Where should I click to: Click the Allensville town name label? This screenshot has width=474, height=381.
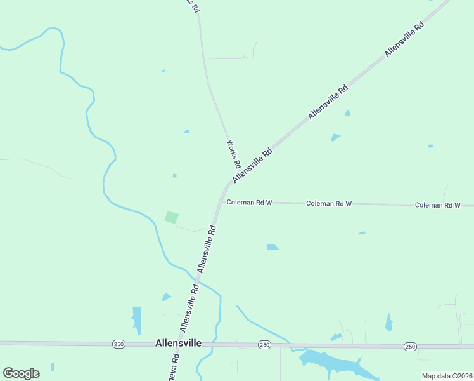tap(178, 343)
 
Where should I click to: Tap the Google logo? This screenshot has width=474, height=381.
tap(21, 373)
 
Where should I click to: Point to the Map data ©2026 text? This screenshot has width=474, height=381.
tap(447, 376)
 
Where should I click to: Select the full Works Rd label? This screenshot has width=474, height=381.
tap(233, 152)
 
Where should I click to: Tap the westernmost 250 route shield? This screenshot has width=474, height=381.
tap(118, 344)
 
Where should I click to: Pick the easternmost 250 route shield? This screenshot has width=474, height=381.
tap(410, 346)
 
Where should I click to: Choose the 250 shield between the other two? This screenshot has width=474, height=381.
tap(264, 344)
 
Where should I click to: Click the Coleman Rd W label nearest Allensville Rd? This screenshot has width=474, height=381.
tap(249, 203)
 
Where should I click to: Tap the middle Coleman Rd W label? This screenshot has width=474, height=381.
tap(329, 204)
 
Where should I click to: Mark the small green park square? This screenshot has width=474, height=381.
tap(171, 217)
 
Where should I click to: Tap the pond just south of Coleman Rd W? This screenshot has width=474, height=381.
tap(272, 247)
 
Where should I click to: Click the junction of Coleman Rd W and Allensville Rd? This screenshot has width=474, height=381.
tap(220, 203)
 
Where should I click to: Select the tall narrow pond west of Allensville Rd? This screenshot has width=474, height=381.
tap(136, 320)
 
